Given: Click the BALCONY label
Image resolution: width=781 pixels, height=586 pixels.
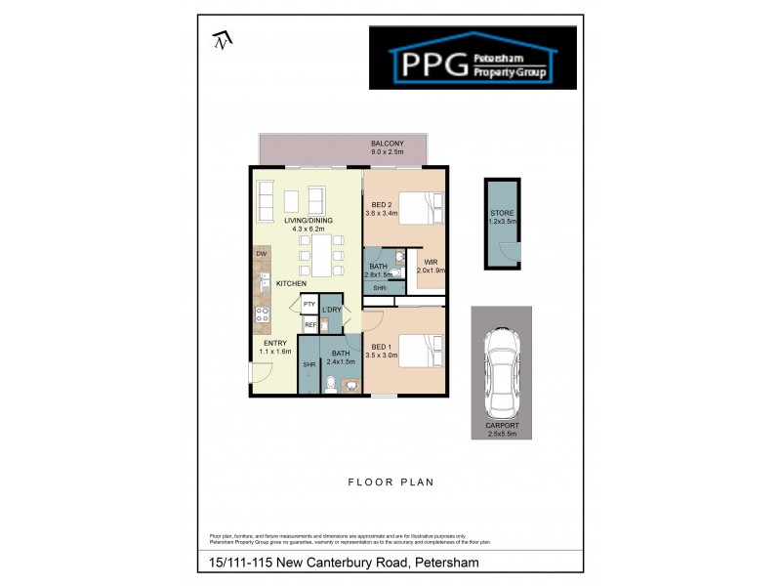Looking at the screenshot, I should (387, 144).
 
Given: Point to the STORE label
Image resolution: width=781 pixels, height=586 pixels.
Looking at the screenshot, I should (502, 212).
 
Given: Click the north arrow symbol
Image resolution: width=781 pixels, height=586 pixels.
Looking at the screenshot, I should (222, 40).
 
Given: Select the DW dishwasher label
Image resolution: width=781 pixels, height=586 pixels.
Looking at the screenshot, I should (262, 254).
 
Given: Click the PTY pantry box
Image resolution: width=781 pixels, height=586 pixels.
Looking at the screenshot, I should (308, 305).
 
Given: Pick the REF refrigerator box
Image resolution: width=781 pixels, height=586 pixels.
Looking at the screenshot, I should (309, 324).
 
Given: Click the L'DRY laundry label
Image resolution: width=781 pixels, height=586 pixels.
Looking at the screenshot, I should (332, 310).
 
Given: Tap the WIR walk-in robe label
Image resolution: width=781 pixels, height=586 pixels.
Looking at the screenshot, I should (431, 263).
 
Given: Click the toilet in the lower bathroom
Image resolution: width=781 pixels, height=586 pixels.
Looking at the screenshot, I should (332, 384).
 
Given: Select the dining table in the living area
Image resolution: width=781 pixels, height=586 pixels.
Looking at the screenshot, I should (317, 256).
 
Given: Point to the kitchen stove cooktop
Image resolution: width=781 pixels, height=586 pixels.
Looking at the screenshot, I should (263, 315).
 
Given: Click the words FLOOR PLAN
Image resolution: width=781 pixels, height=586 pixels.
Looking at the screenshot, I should (390, 481).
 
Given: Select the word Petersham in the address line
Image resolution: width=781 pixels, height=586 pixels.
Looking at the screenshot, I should (446, 563).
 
